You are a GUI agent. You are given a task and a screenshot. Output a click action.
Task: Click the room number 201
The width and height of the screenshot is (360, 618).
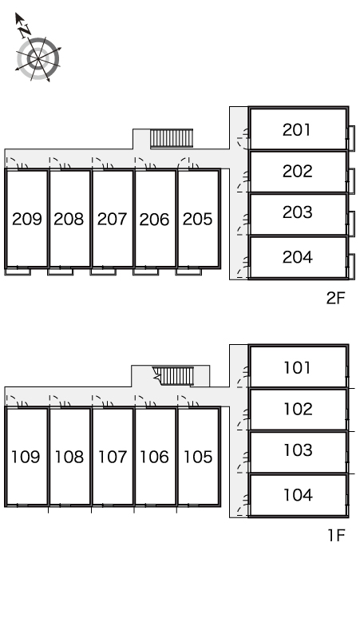click(x=297, y=129)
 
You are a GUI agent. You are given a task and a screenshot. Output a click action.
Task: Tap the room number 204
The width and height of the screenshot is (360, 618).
click(x=298, y=257)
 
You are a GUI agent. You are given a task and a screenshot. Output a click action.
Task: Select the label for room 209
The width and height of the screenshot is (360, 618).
click(x=27, y=219)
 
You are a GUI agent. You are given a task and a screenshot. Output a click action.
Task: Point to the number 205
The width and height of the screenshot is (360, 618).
click(x=197, y=219)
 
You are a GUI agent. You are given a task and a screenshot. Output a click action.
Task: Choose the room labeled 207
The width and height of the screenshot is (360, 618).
click(x=113, y=219)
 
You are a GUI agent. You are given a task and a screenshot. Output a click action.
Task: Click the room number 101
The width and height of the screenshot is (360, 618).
click(x=298, y=368)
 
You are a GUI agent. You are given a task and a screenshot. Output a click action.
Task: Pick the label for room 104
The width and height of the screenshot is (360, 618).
click(x=299, y=495)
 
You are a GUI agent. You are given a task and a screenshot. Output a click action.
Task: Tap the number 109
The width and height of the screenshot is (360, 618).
click(x=26, y=458)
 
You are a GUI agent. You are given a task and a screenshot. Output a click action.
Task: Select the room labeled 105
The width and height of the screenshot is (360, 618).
click(x=198, y=458)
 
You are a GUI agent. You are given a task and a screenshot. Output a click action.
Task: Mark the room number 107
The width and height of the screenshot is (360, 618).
click(x=113, y=458)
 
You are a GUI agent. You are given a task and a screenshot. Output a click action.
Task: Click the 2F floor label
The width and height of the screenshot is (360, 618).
click(x=335, y=299)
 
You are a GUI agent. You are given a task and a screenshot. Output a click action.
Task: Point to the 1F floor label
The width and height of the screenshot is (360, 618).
click(x=336, y=536)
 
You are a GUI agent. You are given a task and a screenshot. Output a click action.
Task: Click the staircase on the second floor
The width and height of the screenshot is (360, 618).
click(x=172, y=139)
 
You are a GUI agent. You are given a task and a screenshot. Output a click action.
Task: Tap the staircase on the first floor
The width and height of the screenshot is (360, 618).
click(x=174, y=376)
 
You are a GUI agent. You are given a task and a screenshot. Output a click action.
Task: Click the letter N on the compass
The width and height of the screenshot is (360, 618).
click(x=26, y=30)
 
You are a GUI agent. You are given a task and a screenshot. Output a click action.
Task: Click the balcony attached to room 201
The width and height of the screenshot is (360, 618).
click(x=351, y=138)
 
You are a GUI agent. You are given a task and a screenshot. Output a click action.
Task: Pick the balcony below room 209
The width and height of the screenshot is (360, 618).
click(x=18, y=271)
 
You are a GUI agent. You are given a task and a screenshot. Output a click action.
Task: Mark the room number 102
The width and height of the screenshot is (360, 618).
click(x=299, y=409)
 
